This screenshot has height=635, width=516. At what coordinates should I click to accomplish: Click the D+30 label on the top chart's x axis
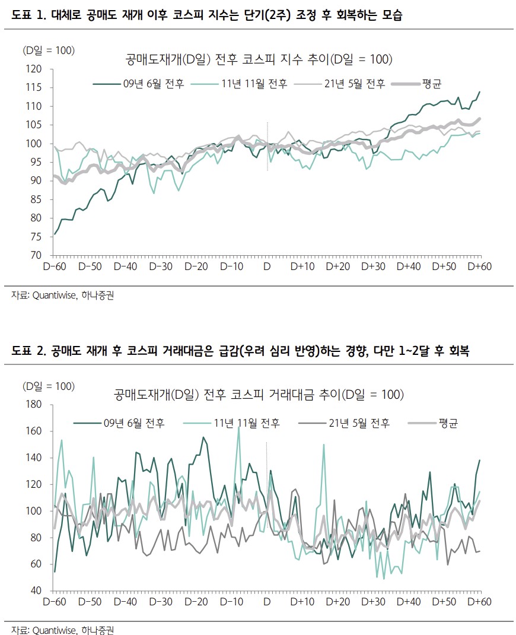click(x=373, y=266)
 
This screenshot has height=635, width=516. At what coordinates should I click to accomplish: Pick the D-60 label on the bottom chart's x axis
click(x=55, y=602)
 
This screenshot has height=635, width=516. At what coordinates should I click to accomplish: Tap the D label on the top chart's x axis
click(x=267, y=266)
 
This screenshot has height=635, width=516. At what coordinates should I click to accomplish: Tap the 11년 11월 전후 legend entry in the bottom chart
click(x=246, y=423)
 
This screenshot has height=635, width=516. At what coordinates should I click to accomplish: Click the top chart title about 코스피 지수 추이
click(x=259, y=59)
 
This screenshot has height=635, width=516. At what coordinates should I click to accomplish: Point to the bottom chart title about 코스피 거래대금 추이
click(x=259, y=394)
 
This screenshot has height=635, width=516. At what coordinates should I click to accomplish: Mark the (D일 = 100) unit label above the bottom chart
click(x=49, y=386)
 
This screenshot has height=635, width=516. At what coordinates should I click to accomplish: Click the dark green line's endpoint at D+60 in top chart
click(x=479, y=92)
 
